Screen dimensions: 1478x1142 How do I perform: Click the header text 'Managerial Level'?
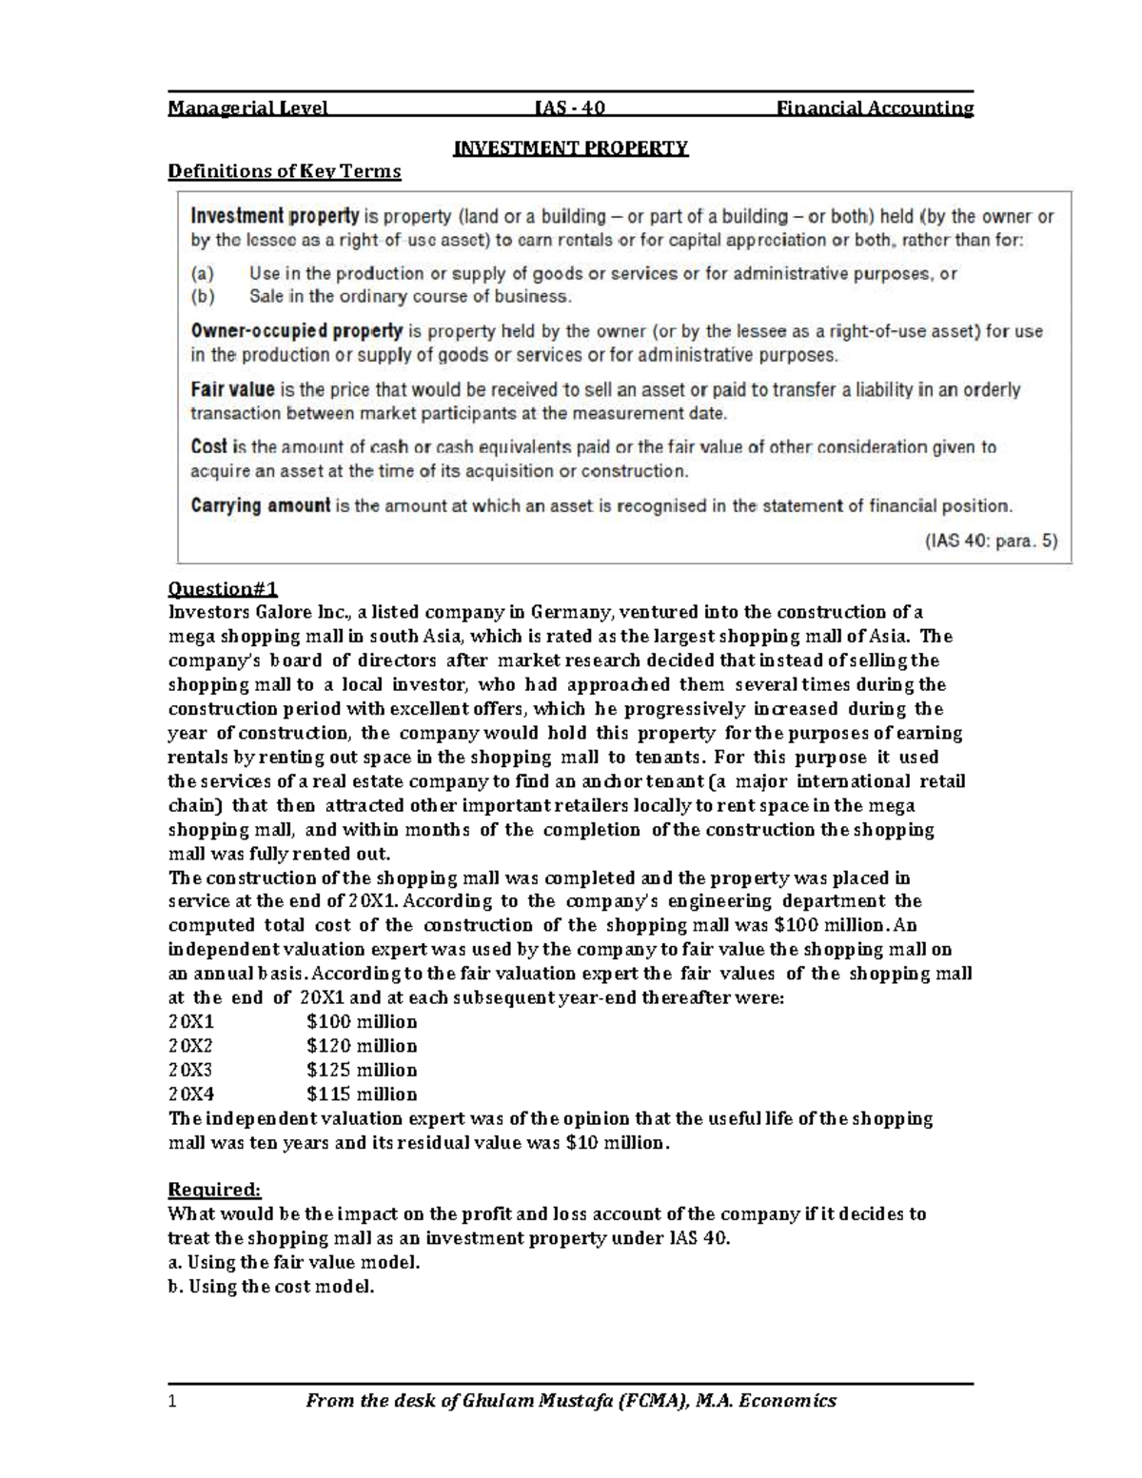(247, 108)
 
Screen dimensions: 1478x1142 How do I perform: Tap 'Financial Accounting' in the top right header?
(876, 108)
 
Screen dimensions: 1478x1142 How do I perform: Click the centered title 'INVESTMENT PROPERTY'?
(570, 148)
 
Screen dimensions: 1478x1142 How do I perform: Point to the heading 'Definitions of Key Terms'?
(285, 171)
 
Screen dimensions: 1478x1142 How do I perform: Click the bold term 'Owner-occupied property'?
(297, 331)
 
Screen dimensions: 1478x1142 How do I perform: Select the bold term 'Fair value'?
(233, 389)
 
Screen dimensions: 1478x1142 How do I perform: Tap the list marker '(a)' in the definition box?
(203, 273)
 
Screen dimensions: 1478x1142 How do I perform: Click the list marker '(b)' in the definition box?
(203, 296)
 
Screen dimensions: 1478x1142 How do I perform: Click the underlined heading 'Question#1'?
(223, 587)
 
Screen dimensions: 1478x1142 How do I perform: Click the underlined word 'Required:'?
(214, 1190)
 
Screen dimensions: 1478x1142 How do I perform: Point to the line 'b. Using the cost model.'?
(271, 1287)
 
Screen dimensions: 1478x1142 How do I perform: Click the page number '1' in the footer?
(172, 1400)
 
